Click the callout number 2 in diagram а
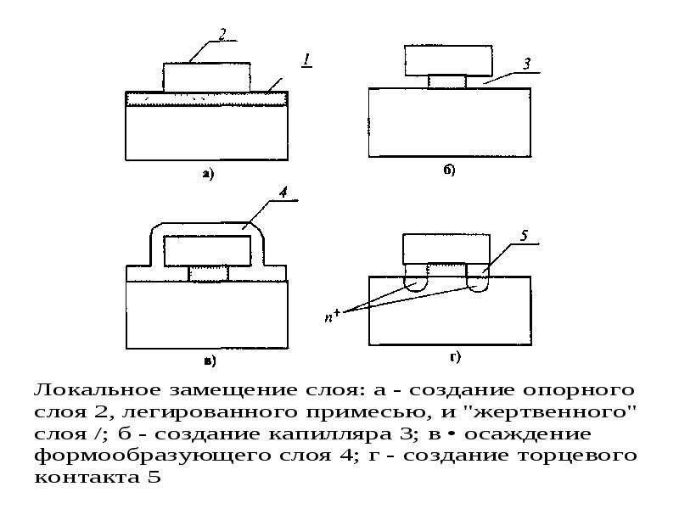[222, 34]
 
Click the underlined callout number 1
[307, 59]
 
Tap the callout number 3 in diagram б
[526, 64]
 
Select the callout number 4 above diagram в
[283, 193]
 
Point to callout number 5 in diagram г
[524, 236]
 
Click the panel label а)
[208, 175]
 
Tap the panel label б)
[449, 171]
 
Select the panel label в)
[210, 361]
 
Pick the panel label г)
[455, 357]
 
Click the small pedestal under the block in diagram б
[447, 81]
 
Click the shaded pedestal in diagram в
[208, 274]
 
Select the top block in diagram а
[206, 77]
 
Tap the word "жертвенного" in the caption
[551, 411]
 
